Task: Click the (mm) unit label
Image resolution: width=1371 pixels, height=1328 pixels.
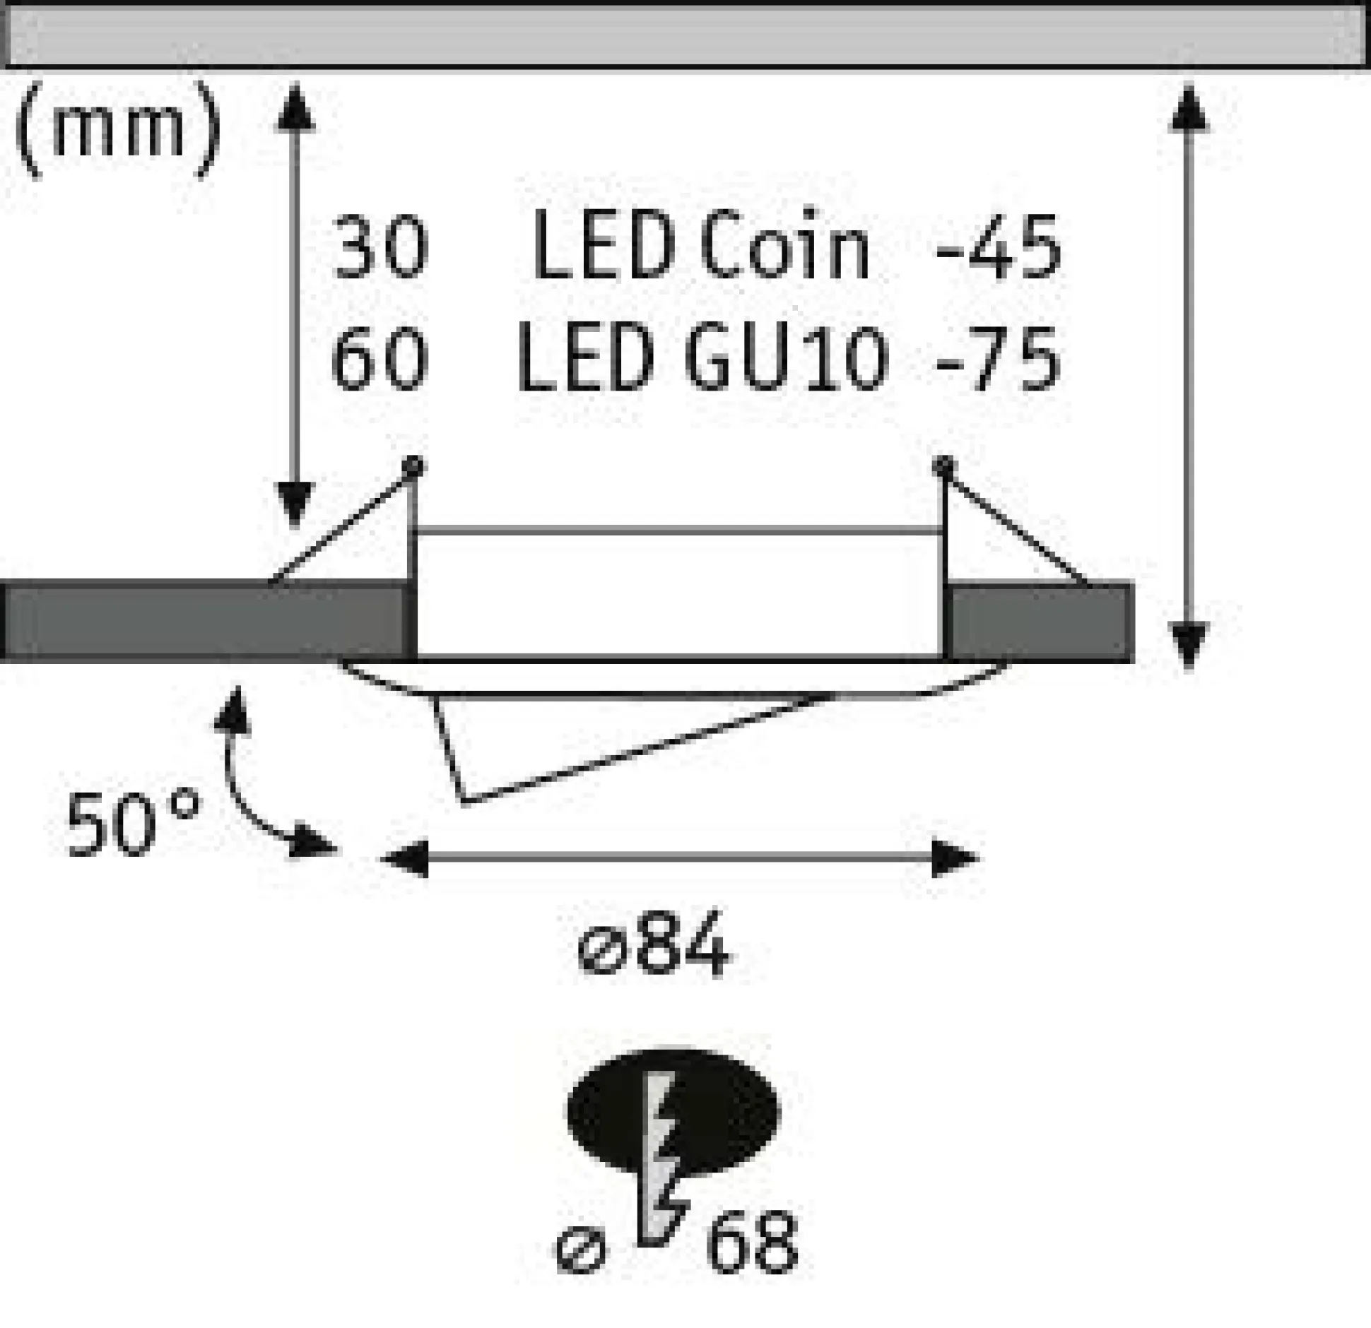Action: [x=117, y=130]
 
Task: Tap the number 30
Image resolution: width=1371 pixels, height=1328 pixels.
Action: [x=380, y=248]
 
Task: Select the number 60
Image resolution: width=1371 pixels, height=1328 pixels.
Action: [x=379, y=359]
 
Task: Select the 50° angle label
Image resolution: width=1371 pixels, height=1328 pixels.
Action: [x=133, y=824]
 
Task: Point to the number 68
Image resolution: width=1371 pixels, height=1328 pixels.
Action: [x=752, y=1242]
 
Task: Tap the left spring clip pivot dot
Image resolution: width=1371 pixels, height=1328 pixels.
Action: [x=413, y=466]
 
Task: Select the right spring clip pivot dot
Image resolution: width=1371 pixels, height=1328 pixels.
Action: [x=943, y=466]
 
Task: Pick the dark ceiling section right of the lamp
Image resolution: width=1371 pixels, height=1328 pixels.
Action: [x=1039, y=622]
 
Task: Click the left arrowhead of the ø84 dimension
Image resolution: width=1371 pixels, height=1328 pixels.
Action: [x=404, y=858]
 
